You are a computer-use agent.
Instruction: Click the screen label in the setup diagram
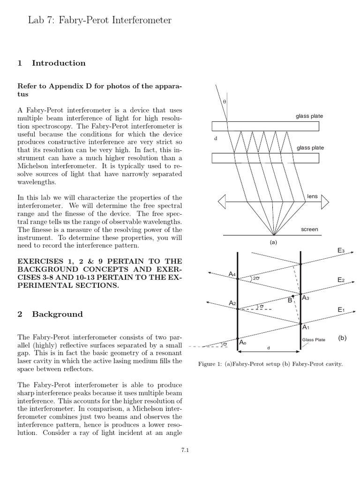click(x=309, y=229)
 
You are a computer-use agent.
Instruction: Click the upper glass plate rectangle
click(x=265, y=126)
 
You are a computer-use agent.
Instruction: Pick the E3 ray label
click(x=341, y=251)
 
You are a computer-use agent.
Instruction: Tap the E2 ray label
click(x=341, y=280)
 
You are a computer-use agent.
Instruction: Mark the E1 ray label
click(x=341, y=310)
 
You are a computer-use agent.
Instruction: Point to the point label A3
click(x=306, y=298)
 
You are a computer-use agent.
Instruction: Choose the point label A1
click(x=306, y=327)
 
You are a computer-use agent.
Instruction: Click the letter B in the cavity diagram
click(x=290, y=300)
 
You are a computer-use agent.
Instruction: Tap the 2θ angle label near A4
click(x=256, y=278)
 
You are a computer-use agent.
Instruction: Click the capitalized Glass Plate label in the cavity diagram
click(x=313, y=340)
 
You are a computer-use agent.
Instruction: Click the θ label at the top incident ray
click(x=224, y=101)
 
